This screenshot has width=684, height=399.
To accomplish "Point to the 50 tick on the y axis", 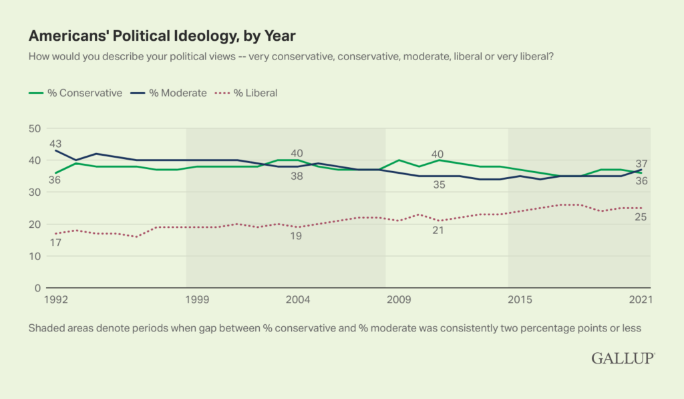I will tap(34, 128).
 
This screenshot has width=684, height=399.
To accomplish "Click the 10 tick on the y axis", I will tap(34, 256).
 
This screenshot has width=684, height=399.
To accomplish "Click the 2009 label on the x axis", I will tap(399, 299).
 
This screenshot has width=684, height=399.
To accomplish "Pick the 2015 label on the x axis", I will tap(520, 299).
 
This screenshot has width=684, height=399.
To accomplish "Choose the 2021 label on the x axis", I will tap(640, 299).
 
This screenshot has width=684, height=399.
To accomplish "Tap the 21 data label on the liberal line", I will tap(438, 231).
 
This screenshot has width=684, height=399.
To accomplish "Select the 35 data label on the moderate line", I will tap(438, 185).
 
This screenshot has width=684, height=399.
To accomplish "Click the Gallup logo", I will tap(622, 358).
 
